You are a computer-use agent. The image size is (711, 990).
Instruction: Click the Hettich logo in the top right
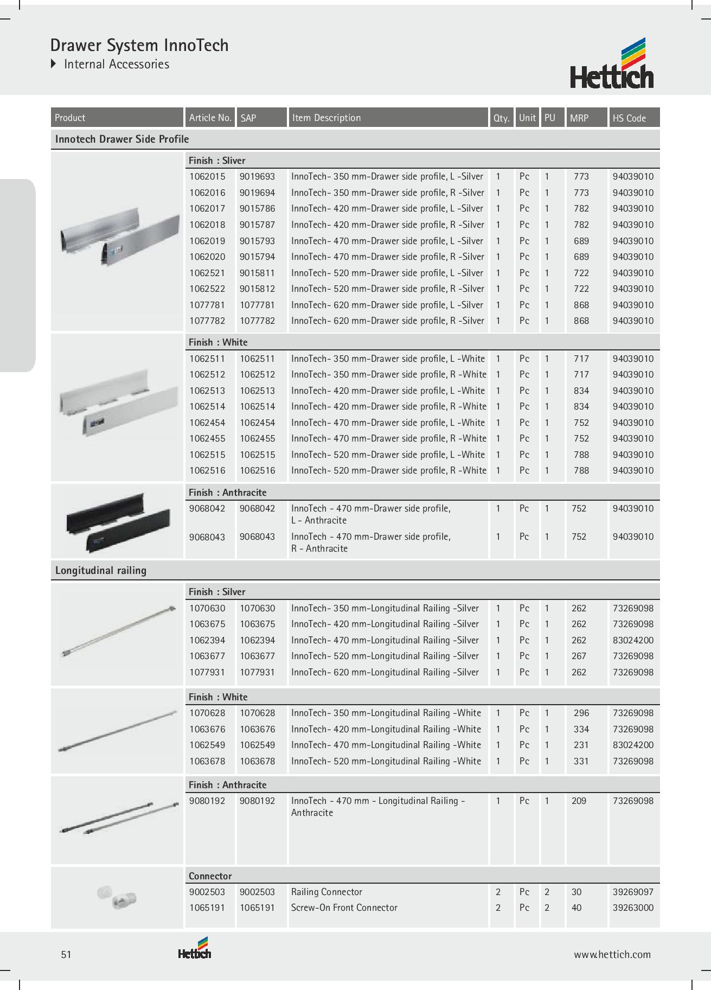(612, 64)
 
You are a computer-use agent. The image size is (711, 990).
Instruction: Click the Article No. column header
(210, 118)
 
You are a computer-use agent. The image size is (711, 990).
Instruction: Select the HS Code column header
(629, 118)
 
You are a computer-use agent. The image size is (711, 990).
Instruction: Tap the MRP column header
(579, 118)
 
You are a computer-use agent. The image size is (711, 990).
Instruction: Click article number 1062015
(207, 176)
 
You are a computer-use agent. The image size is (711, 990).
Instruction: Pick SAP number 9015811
(257, 273)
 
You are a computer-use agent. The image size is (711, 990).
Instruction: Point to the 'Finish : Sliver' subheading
(217, 161)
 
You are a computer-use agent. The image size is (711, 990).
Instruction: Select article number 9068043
(207, 536)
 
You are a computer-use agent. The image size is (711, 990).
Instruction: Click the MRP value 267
(579, 656)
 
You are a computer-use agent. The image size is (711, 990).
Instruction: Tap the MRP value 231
(581, 745)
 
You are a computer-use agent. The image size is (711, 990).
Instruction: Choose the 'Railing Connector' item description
(326, 892)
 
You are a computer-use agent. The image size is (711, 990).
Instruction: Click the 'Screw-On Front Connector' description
(344, 908)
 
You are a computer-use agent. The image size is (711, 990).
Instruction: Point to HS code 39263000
(633, 908)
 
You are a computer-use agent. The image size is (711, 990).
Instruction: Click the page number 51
(66, 955)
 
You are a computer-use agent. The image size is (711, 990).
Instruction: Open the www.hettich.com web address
(612, 955)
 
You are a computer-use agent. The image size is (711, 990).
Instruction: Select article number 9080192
(207, 801)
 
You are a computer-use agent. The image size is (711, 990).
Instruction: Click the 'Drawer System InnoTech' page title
(139, 45)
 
